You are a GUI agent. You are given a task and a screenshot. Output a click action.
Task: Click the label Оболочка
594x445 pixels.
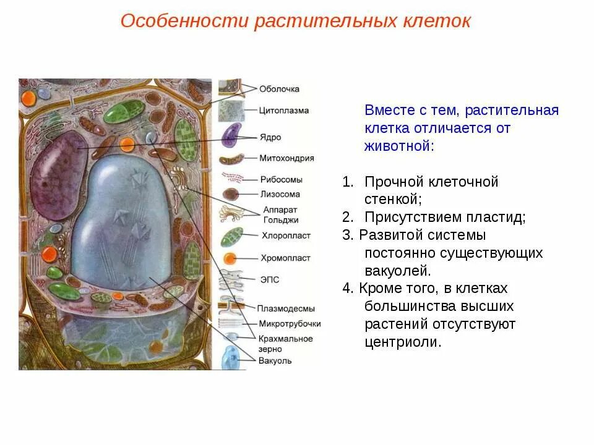coord(279,89)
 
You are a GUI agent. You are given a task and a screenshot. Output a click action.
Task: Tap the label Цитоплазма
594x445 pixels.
coord(284,111)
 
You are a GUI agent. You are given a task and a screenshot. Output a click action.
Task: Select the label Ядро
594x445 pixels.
coord(270,137)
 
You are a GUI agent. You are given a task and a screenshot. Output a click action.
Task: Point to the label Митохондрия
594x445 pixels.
coord(286,158)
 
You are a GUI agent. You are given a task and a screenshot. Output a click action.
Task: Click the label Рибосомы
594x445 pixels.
coord(281,180)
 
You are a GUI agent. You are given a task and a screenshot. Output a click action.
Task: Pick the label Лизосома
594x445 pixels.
coord(280,193)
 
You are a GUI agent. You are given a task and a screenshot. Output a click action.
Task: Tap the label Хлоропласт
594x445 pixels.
coord(285,235)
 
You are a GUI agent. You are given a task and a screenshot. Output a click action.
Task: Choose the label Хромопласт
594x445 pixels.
coord(285,258)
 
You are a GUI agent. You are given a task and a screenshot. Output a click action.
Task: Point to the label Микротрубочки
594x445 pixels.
coord(290,323)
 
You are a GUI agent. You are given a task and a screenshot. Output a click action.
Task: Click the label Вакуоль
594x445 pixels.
coord(275,361)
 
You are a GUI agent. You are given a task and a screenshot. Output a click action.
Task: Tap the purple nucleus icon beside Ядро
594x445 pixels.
coord(231,135)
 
